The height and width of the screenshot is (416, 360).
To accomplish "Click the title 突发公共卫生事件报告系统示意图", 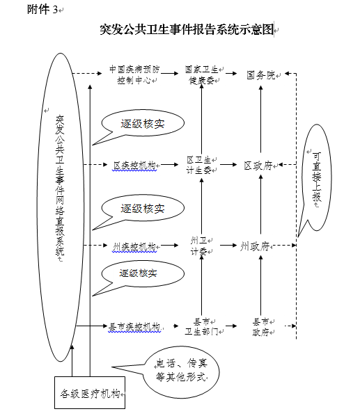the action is (x=187, y=29).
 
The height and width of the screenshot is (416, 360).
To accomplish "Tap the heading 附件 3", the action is (x=42, y=10).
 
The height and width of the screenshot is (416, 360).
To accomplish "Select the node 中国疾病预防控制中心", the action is (x=134, y=75).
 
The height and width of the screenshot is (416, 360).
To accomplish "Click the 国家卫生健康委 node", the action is (x=201, y=75).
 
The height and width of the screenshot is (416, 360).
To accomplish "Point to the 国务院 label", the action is (x=260, y=75).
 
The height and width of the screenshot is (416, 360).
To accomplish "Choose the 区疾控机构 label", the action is (x=134, y=166).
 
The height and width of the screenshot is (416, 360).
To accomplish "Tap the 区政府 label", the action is (x=258, y=166).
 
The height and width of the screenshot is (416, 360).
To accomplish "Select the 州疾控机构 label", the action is (x=134, y=246).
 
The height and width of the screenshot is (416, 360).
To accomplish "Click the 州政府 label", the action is (x=255, y=246).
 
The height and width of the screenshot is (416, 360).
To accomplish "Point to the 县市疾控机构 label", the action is (x=134, y=327).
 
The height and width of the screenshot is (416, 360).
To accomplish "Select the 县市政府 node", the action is (x=260, y=327).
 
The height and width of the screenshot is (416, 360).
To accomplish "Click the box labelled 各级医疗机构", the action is (x=90, y=392).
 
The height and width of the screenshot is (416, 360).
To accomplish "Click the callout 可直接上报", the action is (x=315, y=178).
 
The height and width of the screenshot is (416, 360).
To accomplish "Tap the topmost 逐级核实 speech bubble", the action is (x=143, y=124).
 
